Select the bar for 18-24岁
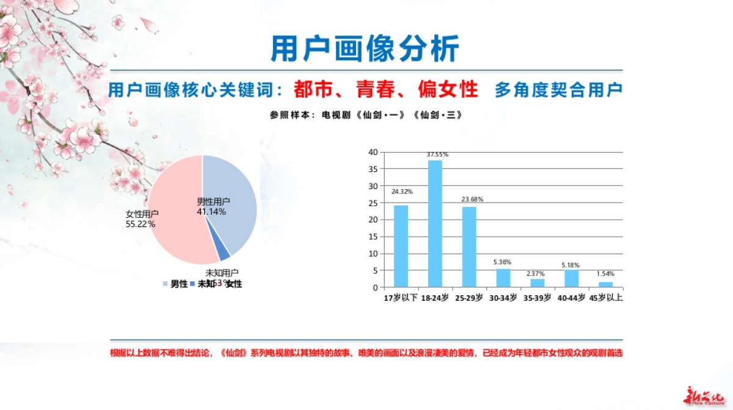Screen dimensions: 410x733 click(435, 223)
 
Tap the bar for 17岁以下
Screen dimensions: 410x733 click(401, 246)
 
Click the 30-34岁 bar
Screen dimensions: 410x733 click(503, 278)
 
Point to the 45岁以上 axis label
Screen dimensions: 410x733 click(605, 298)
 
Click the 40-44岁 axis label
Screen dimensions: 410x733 click(572, 298)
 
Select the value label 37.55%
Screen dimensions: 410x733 click(435, 154)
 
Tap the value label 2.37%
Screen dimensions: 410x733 click(538, 273)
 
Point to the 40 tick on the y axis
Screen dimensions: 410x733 click(373, 152)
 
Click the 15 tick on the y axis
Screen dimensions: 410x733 click(373, 237)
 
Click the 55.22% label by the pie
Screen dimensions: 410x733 click(140, 224)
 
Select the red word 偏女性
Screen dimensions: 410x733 click(448, 90)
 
